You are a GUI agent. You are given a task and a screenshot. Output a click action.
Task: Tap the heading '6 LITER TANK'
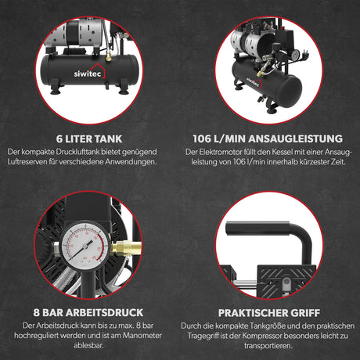point(89,139)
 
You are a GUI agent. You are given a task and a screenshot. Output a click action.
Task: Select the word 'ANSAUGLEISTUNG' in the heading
point(295,139)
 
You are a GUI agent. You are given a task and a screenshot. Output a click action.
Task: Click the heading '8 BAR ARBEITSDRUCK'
point(88,312)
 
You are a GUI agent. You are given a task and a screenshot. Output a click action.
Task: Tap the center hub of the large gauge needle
point(85,247)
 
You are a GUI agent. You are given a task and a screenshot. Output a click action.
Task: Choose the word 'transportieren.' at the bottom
point(268,346)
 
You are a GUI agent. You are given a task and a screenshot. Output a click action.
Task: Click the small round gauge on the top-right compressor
point(296,55)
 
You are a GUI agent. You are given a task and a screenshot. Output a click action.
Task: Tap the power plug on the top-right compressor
point(304,55)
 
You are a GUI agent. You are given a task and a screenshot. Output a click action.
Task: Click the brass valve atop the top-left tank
point(109,57)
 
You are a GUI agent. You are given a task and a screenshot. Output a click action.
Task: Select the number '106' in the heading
point(202,139)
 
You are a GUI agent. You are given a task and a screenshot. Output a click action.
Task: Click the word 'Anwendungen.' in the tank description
point(131,162)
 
